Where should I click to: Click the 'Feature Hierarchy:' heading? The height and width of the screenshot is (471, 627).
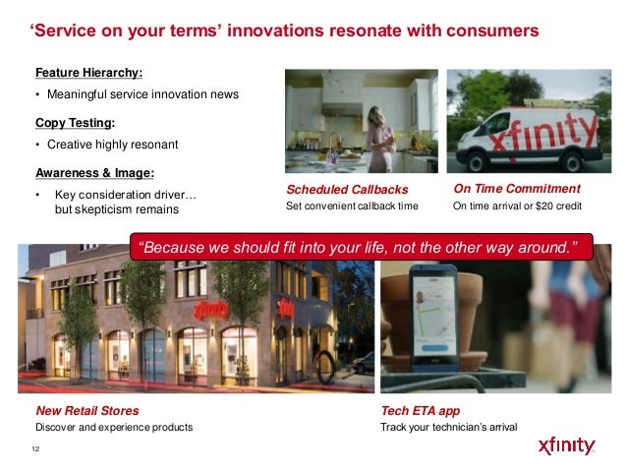click(x=88, y=73)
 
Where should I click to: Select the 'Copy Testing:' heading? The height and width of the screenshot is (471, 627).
click(x=75, y=123)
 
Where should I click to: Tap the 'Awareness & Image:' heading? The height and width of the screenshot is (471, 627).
click(x=94, y=173)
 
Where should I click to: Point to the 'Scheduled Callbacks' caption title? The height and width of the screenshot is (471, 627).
click(x=347, y=189)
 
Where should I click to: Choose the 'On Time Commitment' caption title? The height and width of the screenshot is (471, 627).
click(x=517, y=189)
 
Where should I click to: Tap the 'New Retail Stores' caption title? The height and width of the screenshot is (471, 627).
click(x=87, y=411)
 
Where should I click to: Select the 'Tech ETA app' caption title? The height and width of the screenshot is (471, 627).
click(x=421, y=411)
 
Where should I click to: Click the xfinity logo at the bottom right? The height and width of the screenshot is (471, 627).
click(x=566, y=445)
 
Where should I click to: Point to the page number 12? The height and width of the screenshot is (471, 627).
click(x=35, y=448)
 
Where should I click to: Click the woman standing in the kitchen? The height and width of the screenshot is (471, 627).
click(x=380, y=139)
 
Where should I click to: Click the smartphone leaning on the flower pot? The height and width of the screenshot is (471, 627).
click(x=433, y=318)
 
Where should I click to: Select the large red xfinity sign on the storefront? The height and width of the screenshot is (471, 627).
click(x=210, y=310)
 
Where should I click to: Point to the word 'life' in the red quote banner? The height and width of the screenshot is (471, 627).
click(x=375, y=248)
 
